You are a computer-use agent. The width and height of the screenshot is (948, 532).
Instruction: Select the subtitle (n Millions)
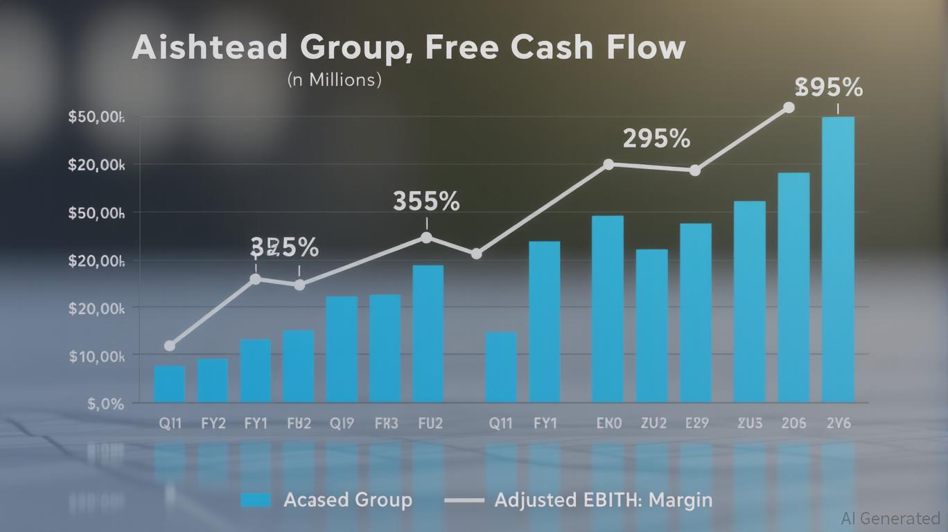pos(334,80)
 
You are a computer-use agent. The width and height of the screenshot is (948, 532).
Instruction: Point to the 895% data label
pos(829,88)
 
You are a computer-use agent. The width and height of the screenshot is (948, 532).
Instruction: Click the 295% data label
pos(656,139)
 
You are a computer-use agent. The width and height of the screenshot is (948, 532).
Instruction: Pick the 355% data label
pos(426,202)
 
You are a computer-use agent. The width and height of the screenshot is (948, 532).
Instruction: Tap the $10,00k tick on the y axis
pos(96,355)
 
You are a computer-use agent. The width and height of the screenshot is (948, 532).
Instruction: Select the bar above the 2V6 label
pos(838,259)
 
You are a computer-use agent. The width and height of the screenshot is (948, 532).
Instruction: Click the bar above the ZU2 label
pos(652,326)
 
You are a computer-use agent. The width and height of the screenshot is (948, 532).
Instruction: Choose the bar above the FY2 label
pos(213,380)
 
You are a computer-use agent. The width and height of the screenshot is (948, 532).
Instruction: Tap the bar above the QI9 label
pos(342,349)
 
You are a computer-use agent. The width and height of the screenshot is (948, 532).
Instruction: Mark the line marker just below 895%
pos(788,107)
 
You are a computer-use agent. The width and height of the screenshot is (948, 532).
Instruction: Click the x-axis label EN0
pos(608,423)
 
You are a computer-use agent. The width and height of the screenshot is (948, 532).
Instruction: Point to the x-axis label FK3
pos(385,423)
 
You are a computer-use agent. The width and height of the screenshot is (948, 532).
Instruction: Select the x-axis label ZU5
pos(749,423)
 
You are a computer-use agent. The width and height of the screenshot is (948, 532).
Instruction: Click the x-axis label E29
pos(696,423)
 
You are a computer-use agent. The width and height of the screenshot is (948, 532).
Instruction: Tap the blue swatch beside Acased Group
pos(255,500)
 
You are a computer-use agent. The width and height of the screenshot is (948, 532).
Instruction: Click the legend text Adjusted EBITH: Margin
pos(603,500)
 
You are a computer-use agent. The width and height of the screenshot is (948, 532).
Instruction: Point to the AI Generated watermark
pos(890,518)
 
